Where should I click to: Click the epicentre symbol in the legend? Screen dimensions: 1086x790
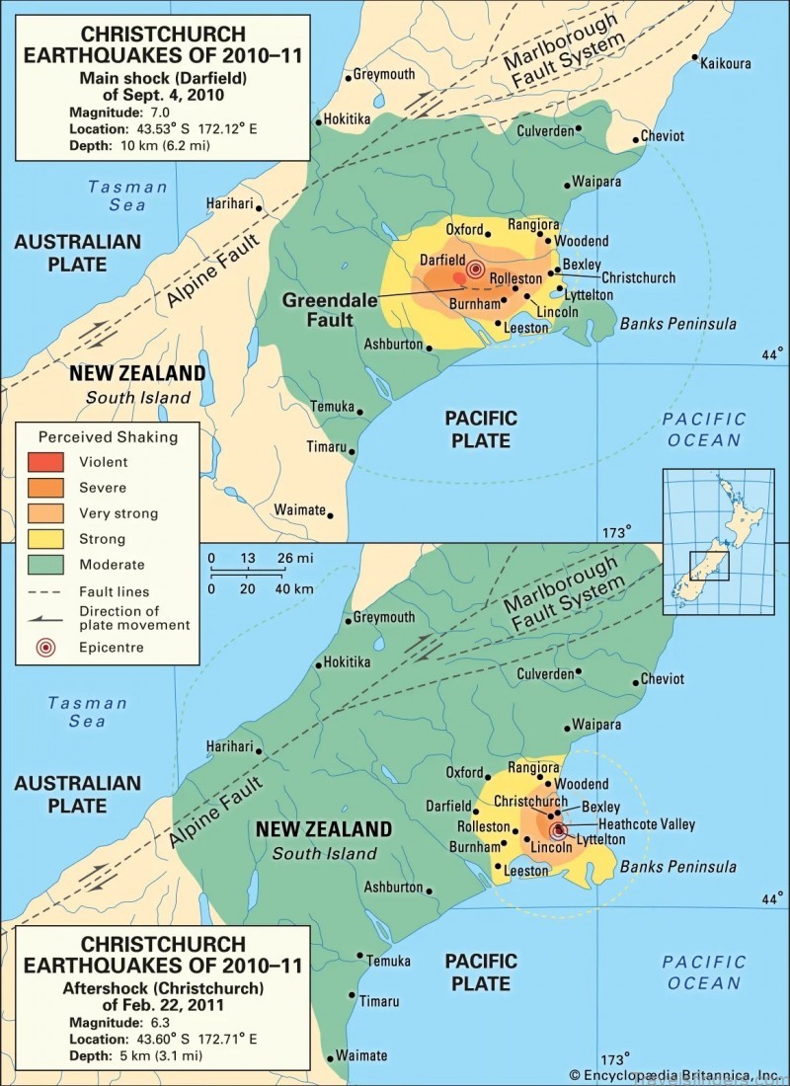coord(46,648)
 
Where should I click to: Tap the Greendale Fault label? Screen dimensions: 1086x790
coord(330,309)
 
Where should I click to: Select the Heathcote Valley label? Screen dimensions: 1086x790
coord(646,824)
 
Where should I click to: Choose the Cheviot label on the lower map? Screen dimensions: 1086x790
coord(662,679)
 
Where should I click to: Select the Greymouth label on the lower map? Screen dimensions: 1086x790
coord(384,617)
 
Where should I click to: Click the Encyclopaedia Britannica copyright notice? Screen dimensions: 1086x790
coord(674,1074)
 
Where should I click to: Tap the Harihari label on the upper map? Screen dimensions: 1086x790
coord(229,203)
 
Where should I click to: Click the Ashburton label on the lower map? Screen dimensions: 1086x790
coord(393,887)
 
